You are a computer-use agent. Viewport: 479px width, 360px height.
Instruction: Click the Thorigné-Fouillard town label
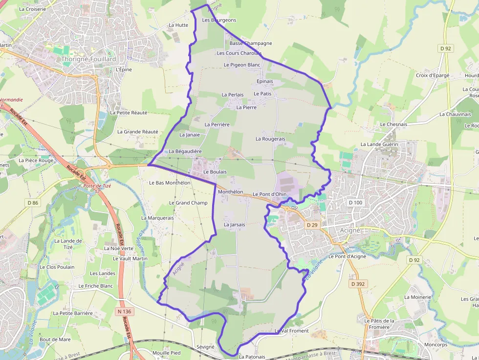click(89, 59)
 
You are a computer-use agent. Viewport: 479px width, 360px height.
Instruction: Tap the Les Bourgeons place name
click(219, 20)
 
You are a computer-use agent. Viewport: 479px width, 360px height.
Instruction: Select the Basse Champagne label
click(251, 43)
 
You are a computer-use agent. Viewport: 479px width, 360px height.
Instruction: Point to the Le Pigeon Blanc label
click(242, 64)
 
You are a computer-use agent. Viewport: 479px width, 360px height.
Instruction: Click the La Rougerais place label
click(270, 139)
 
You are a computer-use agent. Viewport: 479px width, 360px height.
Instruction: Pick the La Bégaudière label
click(185, 151)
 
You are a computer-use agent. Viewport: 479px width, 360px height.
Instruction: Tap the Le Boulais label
click(215, 172)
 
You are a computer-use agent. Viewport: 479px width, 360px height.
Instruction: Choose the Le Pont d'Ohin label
click(270, 194)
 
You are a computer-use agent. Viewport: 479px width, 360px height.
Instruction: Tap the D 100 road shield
click(356, 202)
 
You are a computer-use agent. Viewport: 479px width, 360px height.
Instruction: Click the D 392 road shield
click(357, 283)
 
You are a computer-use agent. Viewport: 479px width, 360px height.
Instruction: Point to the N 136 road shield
click(125, 311)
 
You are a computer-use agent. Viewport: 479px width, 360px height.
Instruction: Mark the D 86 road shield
click(33, 202)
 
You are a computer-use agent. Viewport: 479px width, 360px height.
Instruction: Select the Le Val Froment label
click(292, 331)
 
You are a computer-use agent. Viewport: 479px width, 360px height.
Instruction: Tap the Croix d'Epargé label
click(433, 75)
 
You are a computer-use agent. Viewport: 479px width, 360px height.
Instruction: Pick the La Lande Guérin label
click(379, 144)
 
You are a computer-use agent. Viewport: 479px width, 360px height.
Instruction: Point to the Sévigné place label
click(205, 347)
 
